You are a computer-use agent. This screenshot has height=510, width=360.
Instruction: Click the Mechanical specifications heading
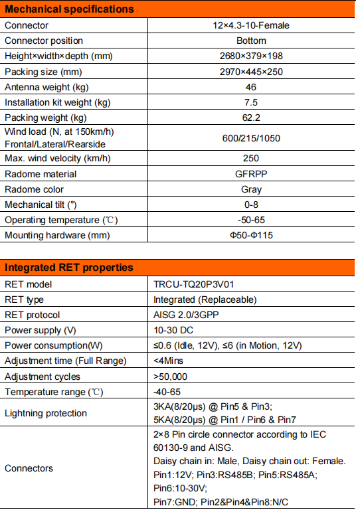coord(69,9)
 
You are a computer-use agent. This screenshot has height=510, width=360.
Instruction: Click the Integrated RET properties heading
coord(69,268)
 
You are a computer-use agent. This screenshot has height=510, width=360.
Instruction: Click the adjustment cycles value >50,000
coord(172,377)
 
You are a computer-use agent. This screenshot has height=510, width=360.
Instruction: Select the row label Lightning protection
coord(46,413)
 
